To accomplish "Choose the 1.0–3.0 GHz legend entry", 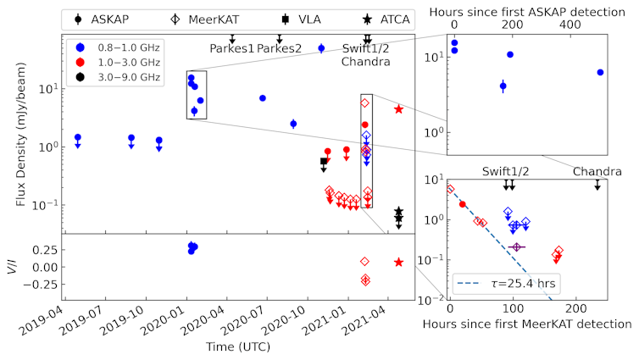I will click(x=114, y=63).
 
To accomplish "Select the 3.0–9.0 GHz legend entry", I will click(x=114, y=78).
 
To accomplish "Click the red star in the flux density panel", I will click(x=398, y=108).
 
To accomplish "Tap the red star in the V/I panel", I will click(x=398, y=262).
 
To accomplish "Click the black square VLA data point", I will click(x=323, y=161).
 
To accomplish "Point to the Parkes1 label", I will click(x=232, y=48).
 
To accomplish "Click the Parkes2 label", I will click(x=280, y=48).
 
